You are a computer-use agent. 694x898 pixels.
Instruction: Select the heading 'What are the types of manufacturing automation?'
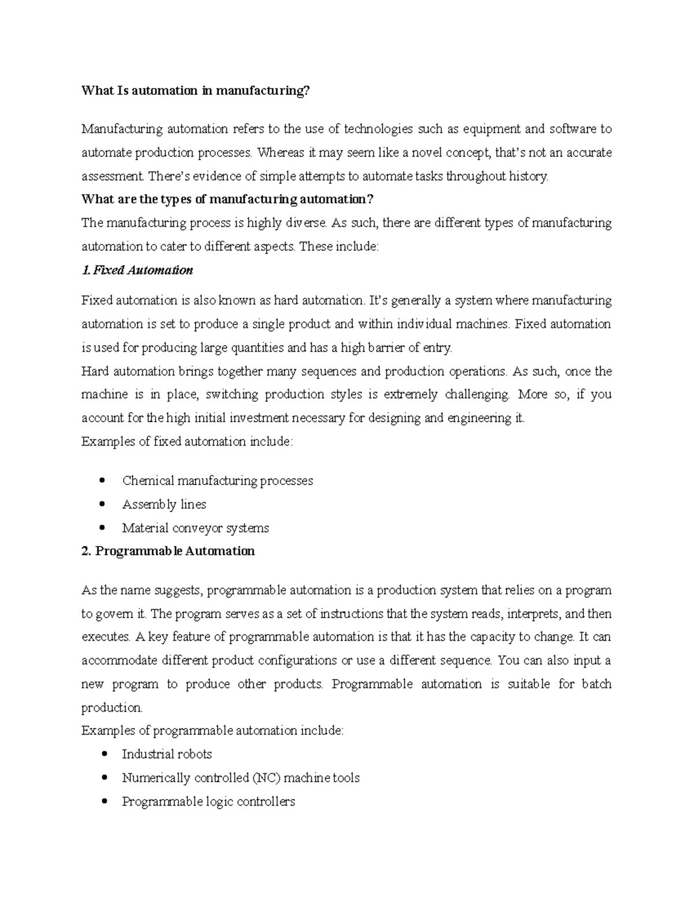tap(228, 199)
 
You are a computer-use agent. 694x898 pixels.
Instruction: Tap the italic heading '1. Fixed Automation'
tap(137, 270)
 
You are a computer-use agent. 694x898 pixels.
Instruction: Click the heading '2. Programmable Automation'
tap(168, 551)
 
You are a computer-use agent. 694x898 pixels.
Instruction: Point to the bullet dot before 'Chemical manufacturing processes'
tap(102, 480)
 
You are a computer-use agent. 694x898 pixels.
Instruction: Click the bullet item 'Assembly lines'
tap(164, 504)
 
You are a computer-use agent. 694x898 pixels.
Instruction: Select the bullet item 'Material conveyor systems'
tap(195, 528)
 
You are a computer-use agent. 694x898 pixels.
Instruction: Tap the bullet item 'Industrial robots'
tap(167, 754)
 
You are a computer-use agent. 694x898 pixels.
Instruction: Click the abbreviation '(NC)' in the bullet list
tap(266, 778)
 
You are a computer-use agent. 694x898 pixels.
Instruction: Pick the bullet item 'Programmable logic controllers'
tap(208, 801)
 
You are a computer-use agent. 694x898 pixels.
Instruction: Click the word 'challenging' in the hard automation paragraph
tap(477, 394)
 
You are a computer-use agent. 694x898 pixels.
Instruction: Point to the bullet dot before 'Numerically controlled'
tap(102, 777)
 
